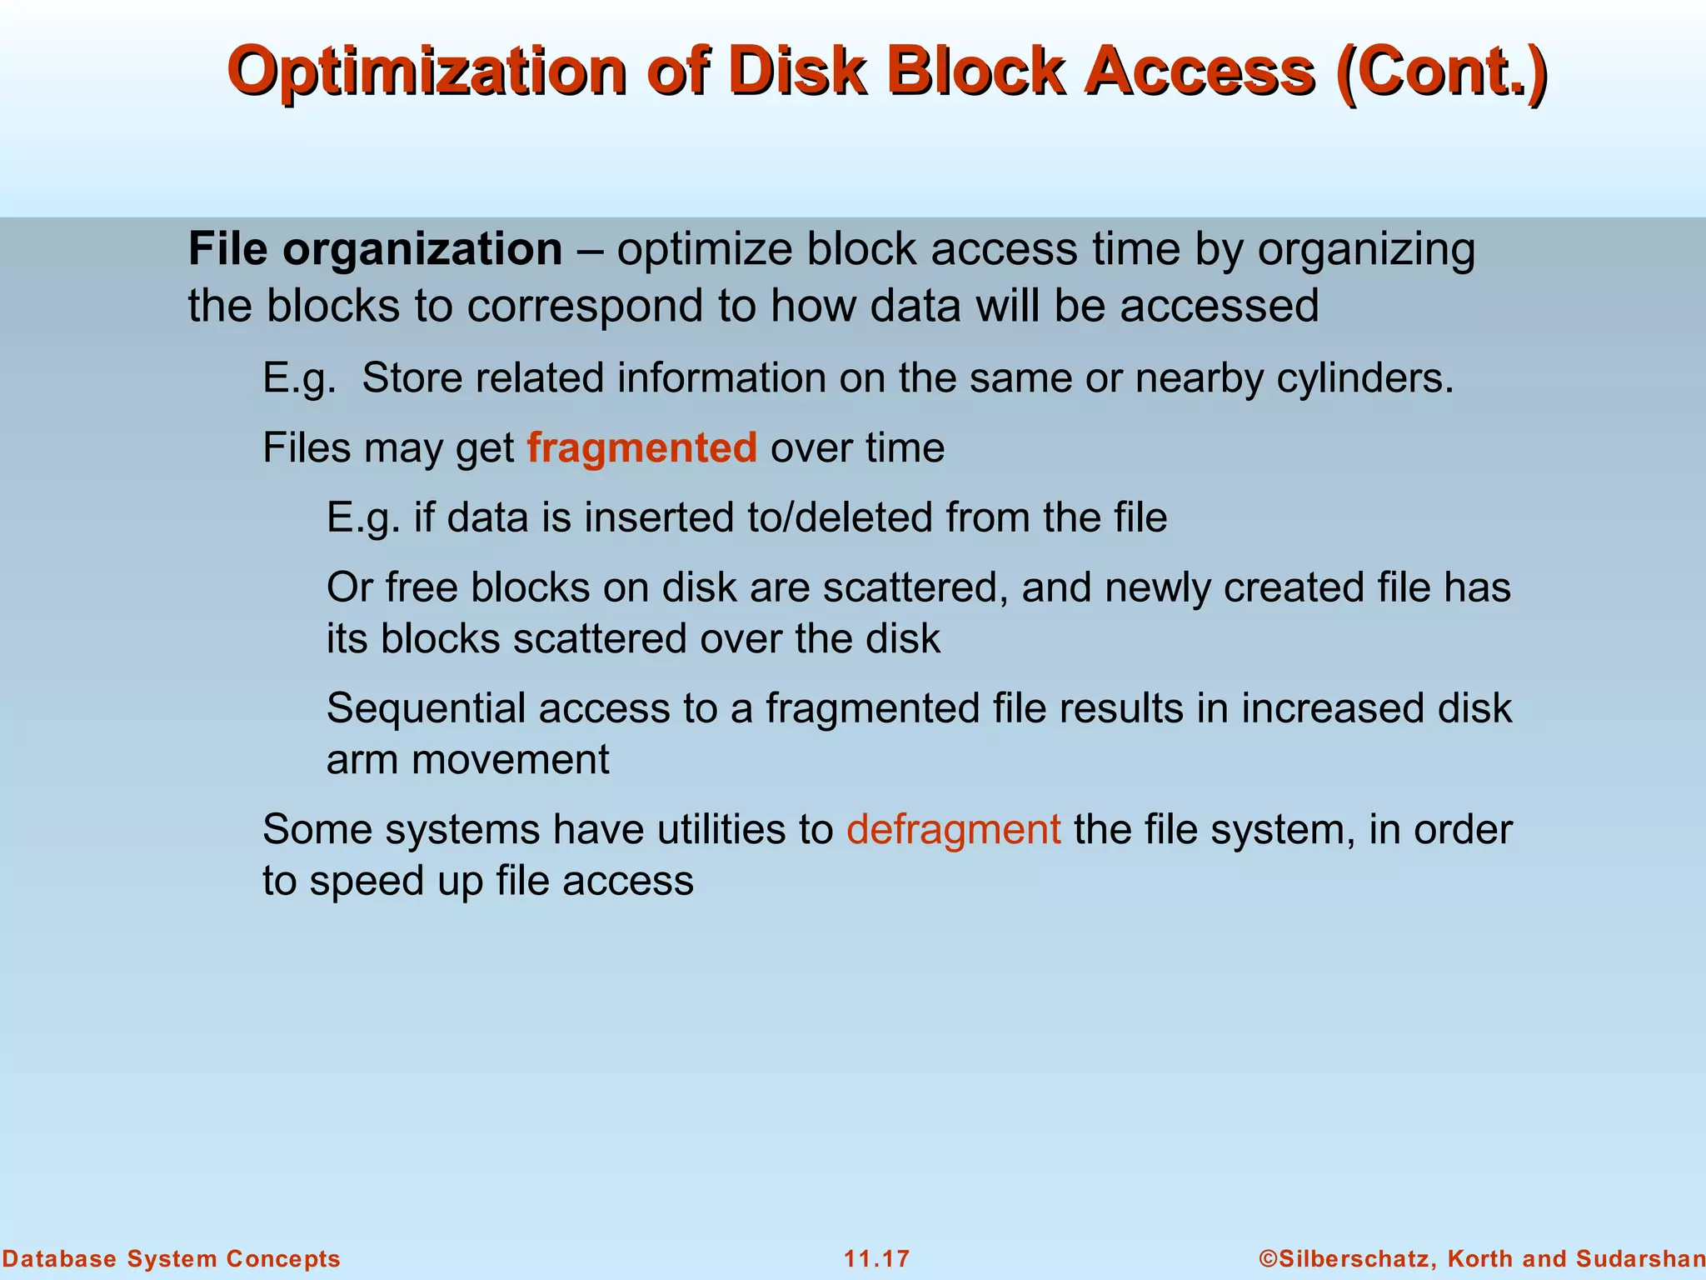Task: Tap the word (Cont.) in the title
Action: (x=1440, y=72)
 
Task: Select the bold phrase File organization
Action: (x=375, y=249)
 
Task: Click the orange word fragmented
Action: (x=641, y=448)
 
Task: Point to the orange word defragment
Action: (x=953, y=830)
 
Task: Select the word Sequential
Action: (x=425, y=709)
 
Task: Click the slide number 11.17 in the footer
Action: (x=876, y=1258)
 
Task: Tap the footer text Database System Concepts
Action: (x=172, y=1258)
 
